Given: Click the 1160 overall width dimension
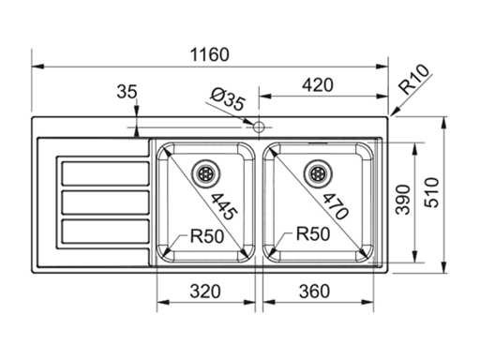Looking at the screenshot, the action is coord(210,54).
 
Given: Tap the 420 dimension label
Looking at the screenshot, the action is coord(318,85).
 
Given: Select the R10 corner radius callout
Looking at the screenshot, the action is coord(415,80).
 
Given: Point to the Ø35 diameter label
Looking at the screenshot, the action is coord(227,99).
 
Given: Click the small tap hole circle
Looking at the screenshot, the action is coord(259,127).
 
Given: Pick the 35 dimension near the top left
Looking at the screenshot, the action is coord(127,92).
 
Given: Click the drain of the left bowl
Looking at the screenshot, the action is coord(206,173).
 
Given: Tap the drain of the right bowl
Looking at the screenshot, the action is coord(318,173).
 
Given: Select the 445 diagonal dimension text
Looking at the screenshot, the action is coord(224,207).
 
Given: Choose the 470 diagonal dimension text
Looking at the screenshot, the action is coord(335,207).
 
